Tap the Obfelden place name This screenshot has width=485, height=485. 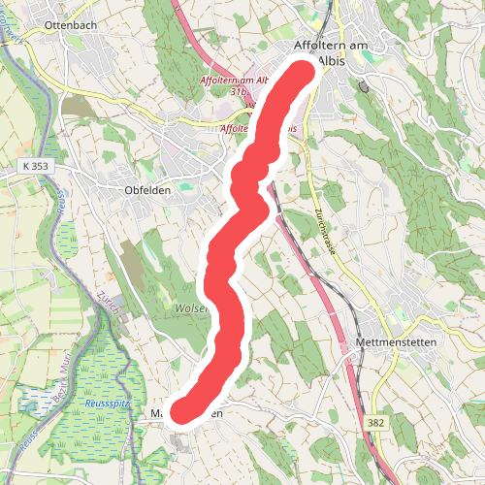coord(147,190)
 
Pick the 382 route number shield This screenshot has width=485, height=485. coord(376,423)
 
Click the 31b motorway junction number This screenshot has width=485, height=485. coord(238,91)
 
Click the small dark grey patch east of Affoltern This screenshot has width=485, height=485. coord(364,86)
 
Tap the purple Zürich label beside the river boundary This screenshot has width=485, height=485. coord(108,308)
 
